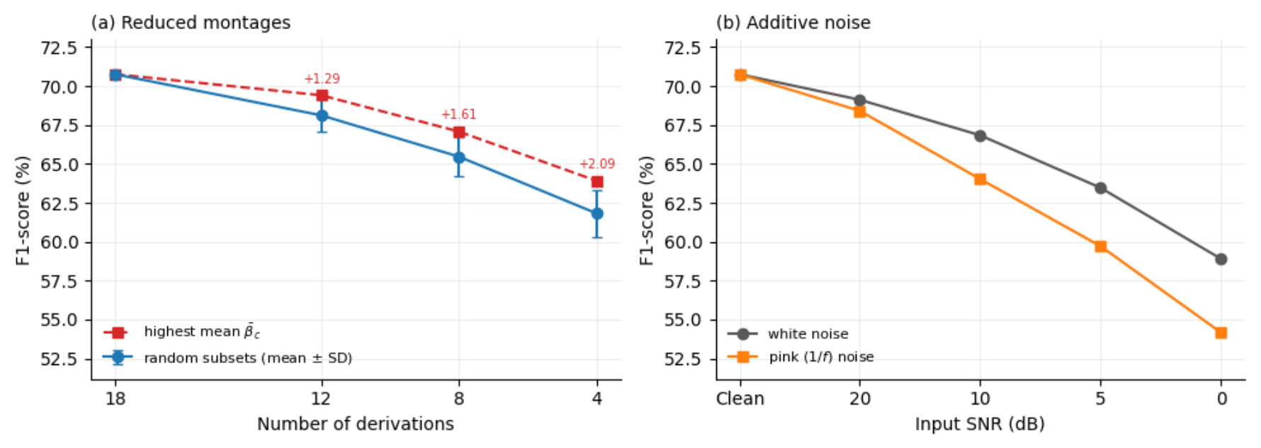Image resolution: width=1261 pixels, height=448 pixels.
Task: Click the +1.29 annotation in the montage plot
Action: (x=322, y=79)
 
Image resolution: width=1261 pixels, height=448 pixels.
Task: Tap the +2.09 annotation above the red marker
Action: (x=597, y=164)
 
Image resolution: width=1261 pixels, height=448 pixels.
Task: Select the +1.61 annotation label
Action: (x=459, y=114)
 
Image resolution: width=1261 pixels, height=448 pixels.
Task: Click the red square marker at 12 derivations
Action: (x=322, y=96)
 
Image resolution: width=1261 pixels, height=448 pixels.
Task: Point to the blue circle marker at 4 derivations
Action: (x=597, y=213)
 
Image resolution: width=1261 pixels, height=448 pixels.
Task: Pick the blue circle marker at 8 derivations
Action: (x=459, y=157)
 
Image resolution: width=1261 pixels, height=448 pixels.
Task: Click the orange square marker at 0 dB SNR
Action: (x=1221, y=332)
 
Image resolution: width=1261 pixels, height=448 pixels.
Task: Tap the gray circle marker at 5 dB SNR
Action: (x=1100, y=188)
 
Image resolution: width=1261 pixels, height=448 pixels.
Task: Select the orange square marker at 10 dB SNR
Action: (x=980, y=179)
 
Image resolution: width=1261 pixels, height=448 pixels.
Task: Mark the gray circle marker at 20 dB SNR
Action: (x=859, y=101)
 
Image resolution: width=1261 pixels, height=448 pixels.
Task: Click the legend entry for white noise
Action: (x=788, y=334)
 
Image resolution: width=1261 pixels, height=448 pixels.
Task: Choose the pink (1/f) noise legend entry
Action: (x=801, y=357)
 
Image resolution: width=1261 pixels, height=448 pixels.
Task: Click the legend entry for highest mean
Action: (x=182, y=332)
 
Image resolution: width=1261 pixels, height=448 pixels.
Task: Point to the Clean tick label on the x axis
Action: (x=740, y=398)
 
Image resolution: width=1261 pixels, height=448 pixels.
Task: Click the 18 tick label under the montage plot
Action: (x=115, y=398)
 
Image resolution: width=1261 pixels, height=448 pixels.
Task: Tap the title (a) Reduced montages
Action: (x=191, y=23)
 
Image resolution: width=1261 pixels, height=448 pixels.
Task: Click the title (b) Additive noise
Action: (x=793, y=23)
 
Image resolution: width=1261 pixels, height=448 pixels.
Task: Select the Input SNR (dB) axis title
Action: (x=980, y=424)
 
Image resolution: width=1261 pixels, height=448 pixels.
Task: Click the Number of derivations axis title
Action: (x=356, y=424)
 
